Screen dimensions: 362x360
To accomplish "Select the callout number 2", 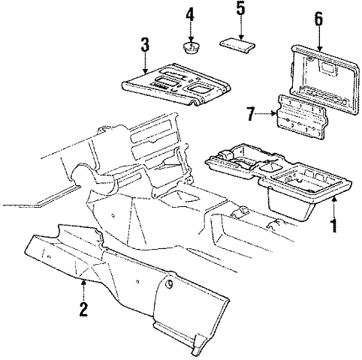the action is [x=83, y=309].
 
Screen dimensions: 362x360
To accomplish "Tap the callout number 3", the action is [x=145, y=44].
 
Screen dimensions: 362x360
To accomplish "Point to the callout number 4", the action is [x=190, y=13].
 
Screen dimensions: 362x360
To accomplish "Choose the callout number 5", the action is [x=240, y=8].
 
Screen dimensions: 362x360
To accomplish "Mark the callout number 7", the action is [x=252, y=114].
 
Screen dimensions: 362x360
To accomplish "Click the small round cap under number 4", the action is [x=191, y=48].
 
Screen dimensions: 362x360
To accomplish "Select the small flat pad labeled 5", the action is [x=237, y=45].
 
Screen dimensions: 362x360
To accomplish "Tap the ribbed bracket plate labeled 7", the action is [x=302, y=116].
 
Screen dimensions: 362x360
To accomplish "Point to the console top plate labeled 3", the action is [x=176, y=85].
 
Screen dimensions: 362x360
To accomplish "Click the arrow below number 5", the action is [x=240, y=28].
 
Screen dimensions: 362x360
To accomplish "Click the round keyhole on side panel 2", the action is [x=170, y=284].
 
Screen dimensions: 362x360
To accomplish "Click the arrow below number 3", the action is [x=145, y=63].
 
